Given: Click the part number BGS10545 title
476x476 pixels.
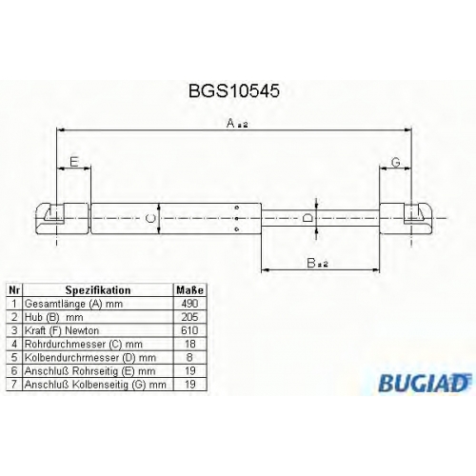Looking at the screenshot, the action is click(x=234, y=91).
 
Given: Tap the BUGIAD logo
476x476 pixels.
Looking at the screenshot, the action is click(x=425, y=383).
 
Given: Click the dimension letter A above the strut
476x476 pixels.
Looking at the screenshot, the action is click(x=230, y=123).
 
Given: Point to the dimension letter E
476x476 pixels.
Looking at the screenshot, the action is click(x=74, y=162).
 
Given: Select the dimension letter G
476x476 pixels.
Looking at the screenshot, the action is click(x=396, y=163).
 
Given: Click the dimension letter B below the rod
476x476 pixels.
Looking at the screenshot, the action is click(x=311, y=263).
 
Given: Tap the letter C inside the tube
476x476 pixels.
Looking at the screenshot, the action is click(x=149, y=218).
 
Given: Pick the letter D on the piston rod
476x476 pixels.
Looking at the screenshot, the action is click(x=307, y=218).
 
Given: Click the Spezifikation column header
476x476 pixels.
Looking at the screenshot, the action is click(x=98, y=290).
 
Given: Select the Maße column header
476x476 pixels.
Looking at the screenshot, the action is click(x=189, y=290).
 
